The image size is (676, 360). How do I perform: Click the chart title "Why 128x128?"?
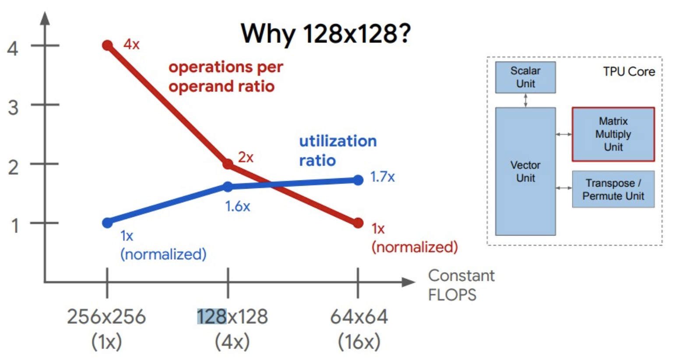click(x=326, y=34)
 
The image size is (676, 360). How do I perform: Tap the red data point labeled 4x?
click(x=108, y=45)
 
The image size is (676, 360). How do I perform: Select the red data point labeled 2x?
click(x=228, y=164)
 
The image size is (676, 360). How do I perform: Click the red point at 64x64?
click(x=358, y=223)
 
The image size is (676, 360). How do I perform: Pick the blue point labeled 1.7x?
click(x=358, y=180)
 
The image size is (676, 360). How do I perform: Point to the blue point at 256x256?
click(x=108, y=223)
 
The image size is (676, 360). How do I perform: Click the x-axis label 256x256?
click(x=106, y=317)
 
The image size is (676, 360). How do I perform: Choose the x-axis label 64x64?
click(x=359, y=317)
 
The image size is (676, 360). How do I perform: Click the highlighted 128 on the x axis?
click(x=211, y=317)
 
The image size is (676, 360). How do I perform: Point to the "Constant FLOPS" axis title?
click(x=461, y=285)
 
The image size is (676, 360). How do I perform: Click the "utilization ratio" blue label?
click(x=338, y=150)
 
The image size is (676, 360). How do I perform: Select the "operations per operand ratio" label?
click(x=225, y=77)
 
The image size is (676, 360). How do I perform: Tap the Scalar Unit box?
click(x=525, y=77)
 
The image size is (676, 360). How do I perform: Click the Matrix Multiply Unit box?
click(x=613, y=134)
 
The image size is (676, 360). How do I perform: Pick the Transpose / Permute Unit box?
click(x=613, y=189)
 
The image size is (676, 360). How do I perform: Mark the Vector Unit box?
click(x=525, y=171)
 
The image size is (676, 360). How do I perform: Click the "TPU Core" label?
click(x=629, y=72)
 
